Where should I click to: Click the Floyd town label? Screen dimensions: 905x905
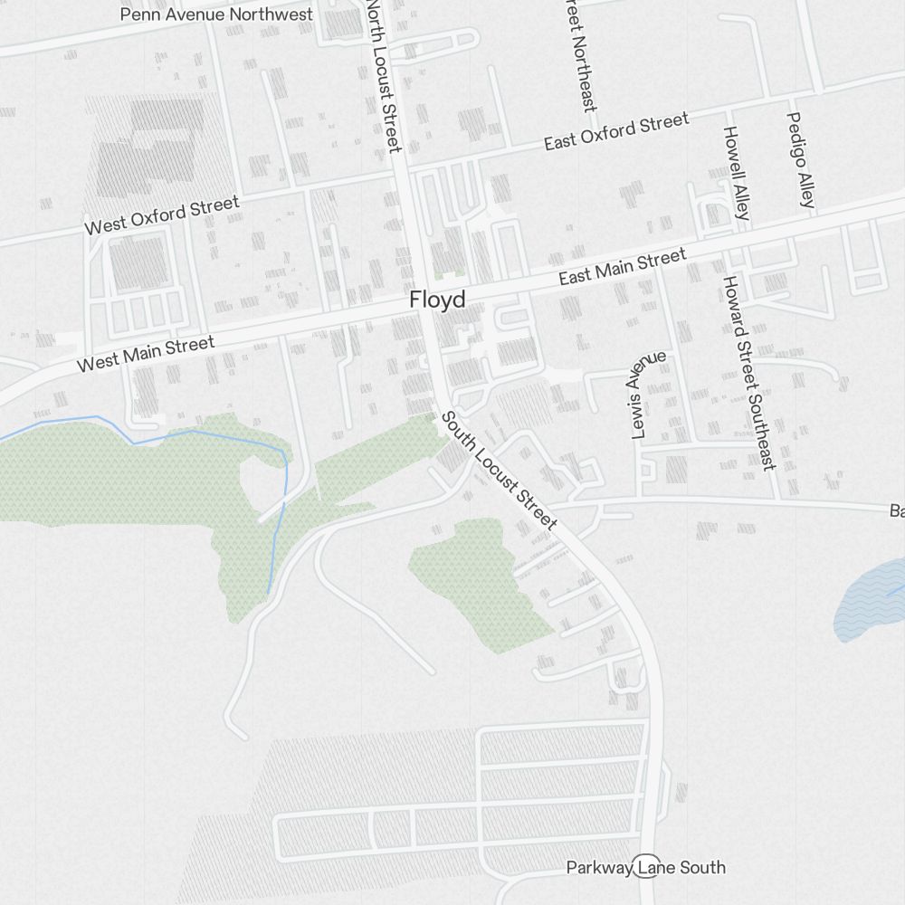(437, 300)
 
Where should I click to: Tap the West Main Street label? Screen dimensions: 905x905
(146, 353)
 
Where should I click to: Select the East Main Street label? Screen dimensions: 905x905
(623, 268)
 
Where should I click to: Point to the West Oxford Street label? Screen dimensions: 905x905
(162, 215)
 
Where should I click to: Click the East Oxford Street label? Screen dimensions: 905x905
(616, 132)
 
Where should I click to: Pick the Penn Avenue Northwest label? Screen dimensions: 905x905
(216, 14)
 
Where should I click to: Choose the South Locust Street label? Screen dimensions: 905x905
(499, 471)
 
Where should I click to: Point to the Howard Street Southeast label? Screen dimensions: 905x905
(748, 372)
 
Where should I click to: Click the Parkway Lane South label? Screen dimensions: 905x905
(646, 868)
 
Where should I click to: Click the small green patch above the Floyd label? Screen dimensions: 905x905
(448, 271)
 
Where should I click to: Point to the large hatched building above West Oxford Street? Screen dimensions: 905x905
(154, 145)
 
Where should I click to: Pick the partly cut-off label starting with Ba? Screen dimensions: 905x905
(896, 512)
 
